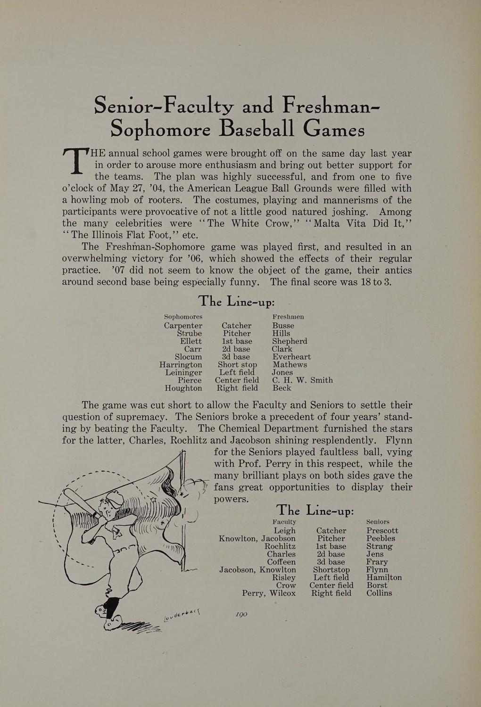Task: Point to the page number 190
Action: [x=240, y=615]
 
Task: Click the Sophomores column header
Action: [x=183, y=317]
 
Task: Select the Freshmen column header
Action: [x=288, y=317]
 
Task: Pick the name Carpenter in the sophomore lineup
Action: [x=183, y=325]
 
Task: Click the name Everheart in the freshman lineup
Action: [x=291, y=357]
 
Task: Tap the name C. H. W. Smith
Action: [x=302, y=380]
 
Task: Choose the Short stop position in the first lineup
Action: [x=237, y=364]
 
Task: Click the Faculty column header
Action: [x=284, y=522]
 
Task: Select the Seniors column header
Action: [x=378, y=522]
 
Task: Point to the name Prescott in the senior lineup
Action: [x=382, y=531]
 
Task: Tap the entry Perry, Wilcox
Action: [x=269, y=593]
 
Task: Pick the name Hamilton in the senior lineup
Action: [x=384, y=577]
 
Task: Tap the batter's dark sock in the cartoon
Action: [x=111, y=604]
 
